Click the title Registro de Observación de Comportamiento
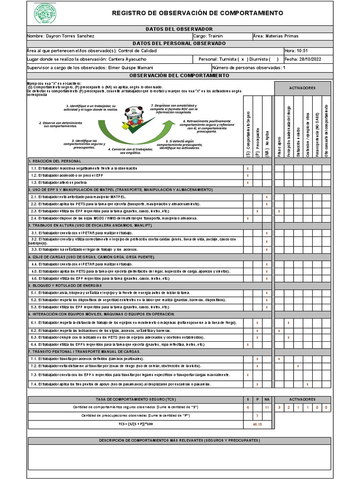pos(197,13)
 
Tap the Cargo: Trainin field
pos(209,36)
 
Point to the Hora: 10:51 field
pos(296,51)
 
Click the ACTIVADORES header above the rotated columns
pos(302,88)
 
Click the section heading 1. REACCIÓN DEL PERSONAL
pos(51,161)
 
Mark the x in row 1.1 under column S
pos(247,168)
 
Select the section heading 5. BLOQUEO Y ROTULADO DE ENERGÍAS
pos(65,285)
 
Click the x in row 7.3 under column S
pos(247,375)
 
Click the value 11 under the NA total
pos(266,407)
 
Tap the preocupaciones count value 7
pos(257,415)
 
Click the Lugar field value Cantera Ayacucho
pos(127,60)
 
